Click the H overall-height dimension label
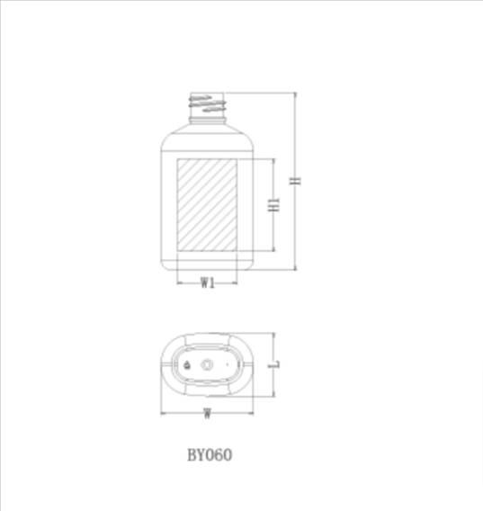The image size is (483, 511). (296, 181)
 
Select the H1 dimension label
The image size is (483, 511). (273, 205)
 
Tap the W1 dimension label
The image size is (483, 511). (208, 282)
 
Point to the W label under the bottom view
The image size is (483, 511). (207, 414)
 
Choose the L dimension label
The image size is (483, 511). (273, 364)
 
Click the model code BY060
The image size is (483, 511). (210, 455)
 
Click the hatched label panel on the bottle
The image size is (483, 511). (207, 205)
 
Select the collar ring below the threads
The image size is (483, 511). (207, 120)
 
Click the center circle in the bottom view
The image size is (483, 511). (207, 364)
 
